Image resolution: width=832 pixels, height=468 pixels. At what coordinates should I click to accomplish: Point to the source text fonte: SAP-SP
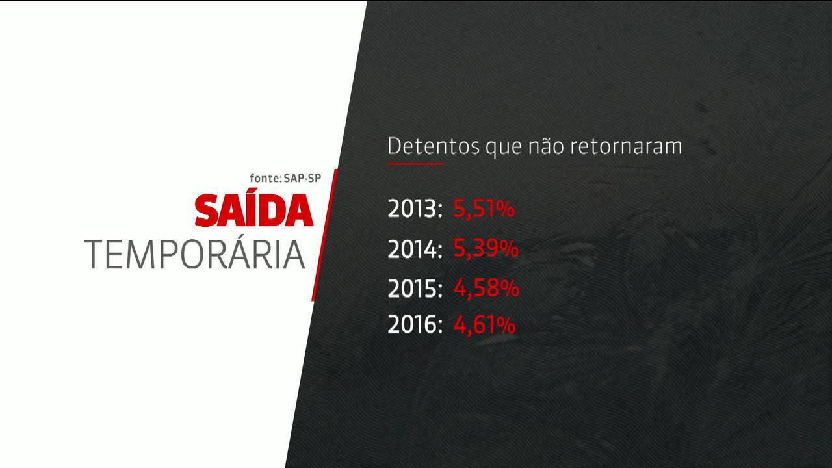pos(285,178)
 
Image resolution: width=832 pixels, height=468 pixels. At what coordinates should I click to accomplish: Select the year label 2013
pos(415,209)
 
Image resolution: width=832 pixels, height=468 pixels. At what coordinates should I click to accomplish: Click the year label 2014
pos(415,249)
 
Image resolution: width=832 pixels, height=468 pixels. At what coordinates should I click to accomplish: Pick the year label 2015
pos(415,288)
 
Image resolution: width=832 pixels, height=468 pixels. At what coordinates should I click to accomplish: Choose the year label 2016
pos(415,324)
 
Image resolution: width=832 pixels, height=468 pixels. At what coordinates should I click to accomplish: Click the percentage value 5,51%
pos(484,209)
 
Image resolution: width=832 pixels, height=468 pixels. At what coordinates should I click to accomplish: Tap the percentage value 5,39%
pos(486,248)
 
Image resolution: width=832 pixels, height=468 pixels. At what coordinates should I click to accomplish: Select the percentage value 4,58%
pos(486,288)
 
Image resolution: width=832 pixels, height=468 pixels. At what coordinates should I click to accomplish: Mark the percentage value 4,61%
pos(484,325)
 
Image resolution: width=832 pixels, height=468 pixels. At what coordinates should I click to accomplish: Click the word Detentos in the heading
pos(434,146)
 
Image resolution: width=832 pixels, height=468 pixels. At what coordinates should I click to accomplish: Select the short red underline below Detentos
pos(415,163)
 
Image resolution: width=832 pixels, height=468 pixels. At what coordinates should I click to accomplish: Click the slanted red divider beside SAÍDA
pos(324,235)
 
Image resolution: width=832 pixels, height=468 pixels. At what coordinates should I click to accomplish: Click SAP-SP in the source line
pos(302,178)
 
